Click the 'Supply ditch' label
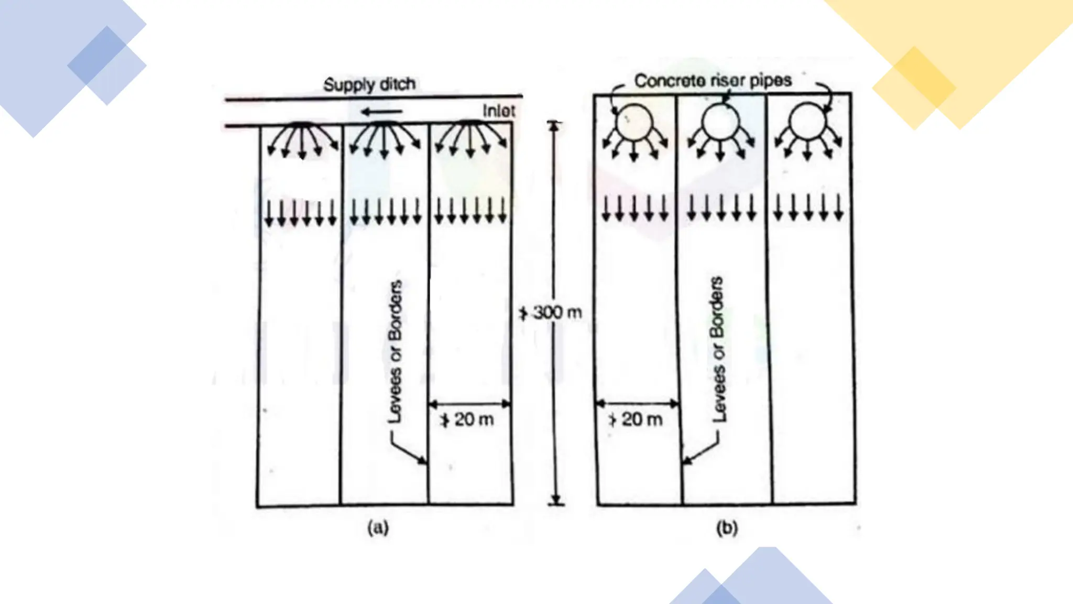(x=369, y=84)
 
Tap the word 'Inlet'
(x=498, y=111)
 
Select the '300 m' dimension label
(x=557, y=313)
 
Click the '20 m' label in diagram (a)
(x=473, y=419)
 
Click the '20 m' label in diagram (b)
(x=641, y=419)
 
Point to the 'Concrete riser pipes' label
(x=713, y=81)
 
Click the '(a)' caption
(x=378, y=527)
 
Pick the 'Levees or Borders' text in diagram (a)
(x=396, y=351)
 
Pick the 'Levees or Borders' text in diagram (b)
(x=718, y=349)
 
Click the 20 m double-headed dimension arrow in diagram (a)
(x=469, y=404)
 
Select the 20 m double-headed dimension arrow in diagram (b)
(x=638, y=404)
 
